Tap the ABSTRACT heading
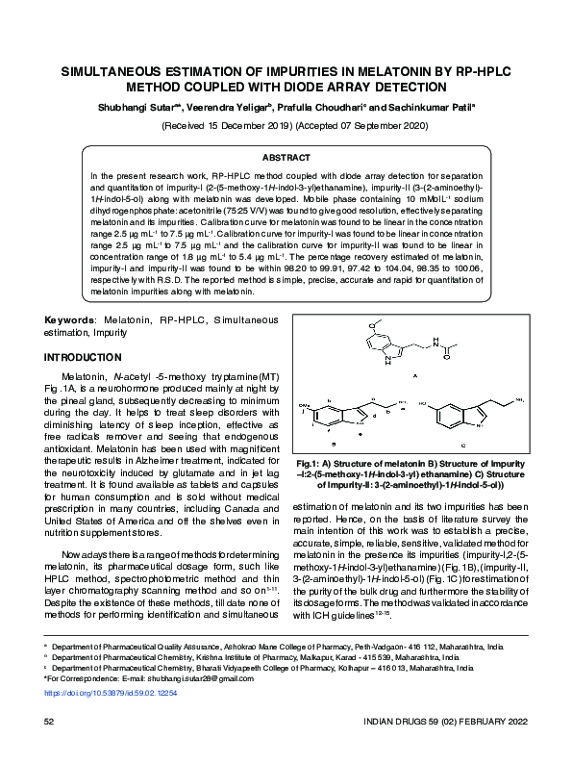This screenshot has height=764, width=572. [x=286, y=157]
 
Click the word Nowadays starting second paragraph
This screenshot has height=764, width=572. [x=87, y=555]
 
